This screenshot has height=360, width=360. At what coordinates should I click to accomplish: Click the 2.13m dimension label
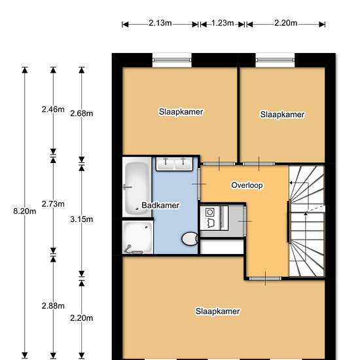160,23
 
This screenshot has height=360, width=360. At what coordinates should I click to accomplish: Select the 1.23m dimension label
223,23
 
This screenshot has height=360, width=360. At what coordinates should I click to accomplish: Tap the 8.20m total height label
25,211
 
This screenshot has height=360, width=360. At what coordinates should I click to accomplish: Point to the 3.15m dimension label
82,219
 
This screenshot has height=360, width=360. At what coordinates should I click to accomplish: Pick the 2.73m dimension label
53,204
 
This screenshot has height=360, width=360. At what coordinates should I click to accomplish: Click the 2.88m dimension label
53,306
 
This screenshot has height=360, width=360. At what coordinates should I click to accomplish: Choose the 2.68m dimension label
82,113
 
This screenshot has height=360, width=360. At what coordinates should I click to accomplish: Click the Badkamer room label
160,206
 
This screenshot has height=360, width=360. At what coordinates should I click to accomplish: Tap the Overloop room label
247,185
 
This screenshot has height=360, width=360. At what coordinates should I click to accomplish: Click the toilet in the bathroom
190,239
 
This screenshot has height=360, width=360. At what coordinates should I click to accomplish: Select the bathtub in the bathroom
137,188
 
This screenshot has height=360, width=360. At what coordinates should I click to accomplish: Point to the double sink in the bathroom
174,164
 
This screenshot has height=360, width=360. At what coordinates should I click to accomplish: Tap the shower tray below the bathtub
137,238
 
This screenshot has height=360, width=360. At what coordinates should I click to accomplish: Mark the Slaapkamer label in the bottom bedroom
218,312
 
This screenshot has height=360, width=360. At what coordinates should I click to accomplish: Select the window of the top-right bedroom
275,60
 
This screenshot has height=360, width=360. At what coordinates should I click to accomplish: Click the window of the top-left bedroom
172,60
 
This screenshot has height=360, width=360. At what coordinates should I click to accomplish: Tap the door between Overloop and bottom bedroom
265,279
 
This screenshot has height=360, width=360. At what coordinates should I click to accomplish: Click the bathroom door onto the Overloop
199,184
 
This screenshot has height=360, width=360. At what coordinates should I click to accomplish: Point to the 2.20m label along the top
286,23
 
